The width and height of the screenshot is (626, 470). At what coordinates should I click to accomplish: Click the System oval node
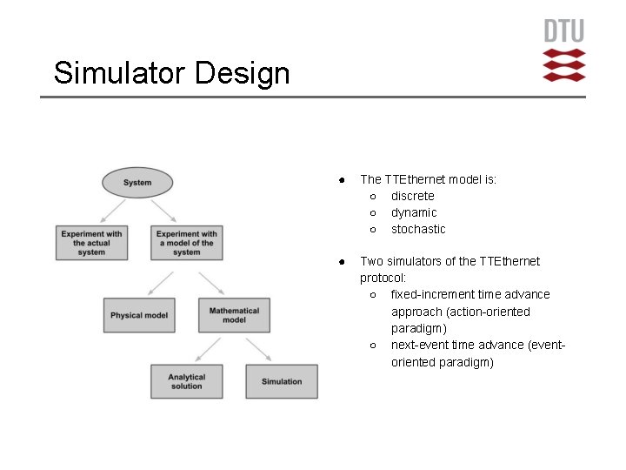(x=137, y=183)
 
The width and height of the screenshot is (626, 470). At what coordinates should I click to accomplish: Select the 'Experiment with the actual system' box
(x=91, y=242)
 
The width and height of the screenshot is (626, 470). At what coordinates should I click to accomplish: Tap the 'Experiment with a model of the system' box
(x=186, y=242)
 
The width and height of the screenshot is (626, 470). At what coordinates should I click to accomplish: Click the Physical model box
(x=139, y=315)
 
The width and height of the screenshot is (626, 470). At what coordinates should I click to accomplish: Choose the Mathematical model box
(x=234, y=315)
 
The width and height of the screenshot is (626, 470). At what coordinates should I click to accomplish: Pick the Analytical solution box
(x=186, y=381)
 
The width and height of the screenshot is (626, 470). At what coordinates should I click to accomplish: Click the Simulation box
(x=282, y=381)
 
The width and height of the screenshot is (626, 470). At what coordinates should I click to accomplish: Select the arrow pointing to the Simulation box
(x=258, y=350)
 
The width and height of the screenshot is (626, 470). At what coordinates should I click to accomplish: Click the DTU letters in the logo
(x=564, y=31)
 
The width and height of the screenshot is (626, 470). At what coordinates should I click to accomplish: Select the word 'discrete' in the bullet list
(x=412, y=196)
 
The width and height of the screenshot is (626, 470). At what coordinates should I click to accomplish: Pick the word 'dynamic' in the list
(x=414, y=212)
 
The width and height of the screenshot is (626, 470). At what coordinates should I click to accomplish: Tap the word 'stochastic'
(x=418, y=229)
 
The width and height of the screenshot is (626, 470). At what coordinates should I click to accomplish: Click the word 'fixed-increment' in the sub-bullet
(x=432, y=294)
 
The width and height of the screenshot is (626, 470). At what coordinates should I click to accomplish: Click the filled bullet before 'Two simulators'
(x=343, y=261)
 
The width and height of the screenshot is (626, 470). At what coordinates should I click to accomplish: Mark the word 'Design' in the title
(x=243, y=73)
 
